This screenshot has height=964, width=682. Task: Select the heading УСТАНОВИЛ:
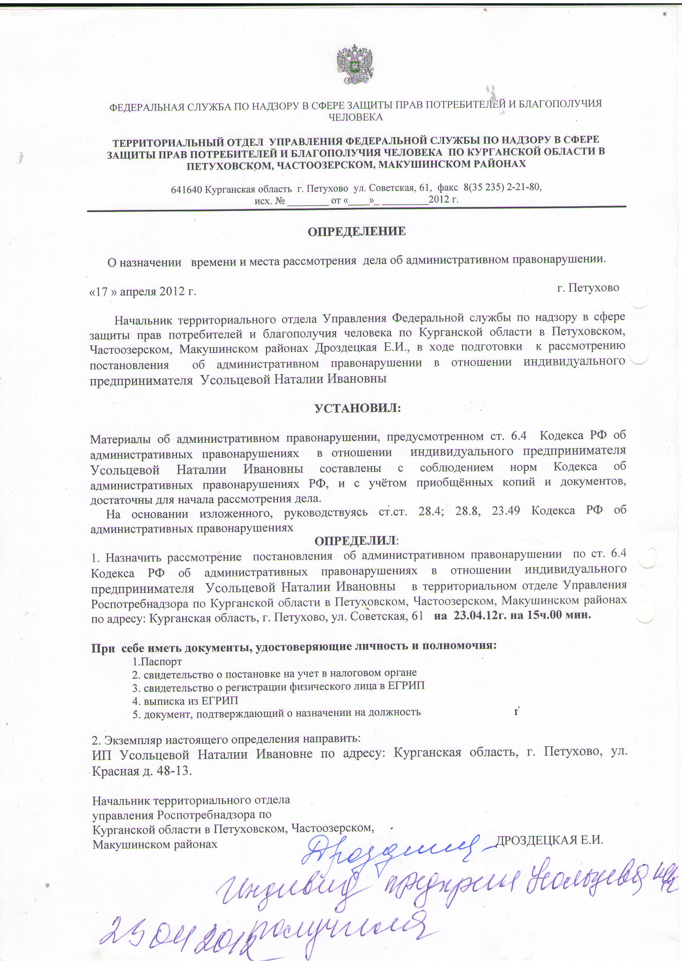[358, 408]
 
